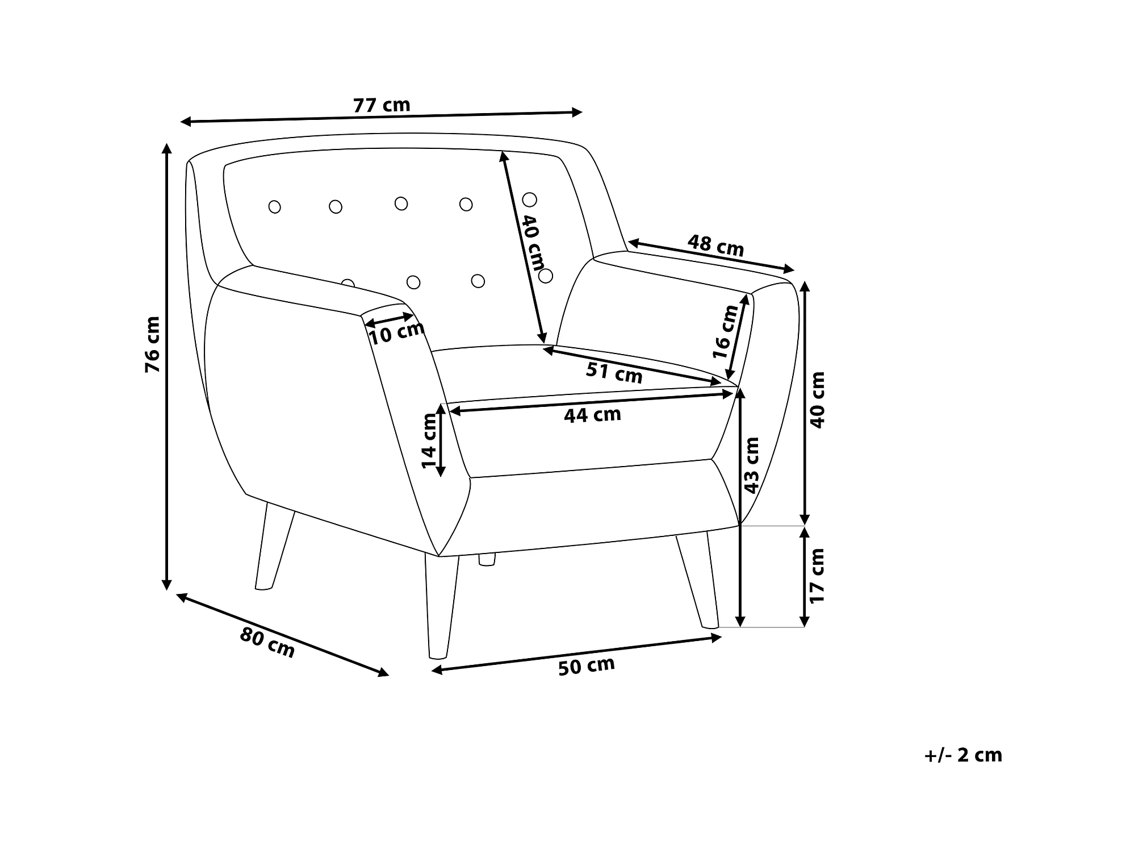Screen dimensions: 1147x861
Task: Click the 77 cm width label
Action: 381,105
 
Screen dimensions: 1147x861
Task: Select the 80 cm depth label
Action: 267,642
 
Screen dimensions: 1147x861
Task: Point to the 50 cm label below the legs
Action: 586,665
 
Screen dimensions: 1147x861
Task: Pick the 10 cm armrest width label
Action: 396,333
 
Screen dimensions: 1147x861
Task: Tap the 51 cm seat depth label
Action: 614,373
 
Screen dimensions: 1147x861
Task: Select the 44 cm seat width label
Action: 592,415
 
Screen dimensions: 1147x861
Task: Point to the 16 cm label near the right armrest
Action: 725,331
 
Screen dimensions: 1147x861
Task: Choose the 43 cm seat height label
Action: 751,465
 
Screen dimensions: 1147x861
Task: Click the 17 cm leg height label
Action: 816,576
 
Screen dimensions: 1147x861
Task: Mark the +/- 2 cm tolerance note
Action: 963,755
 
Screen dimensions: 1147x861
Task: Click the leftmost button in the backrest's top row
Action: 274,207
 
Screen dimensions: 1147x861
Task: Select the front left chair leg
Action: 442,605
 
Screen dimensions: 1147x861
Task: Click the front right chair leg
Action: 697,580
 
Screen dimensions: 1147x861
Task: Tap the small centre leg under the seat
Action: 487,559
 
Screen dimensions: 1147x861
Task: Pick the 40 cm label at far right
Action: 817,400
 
